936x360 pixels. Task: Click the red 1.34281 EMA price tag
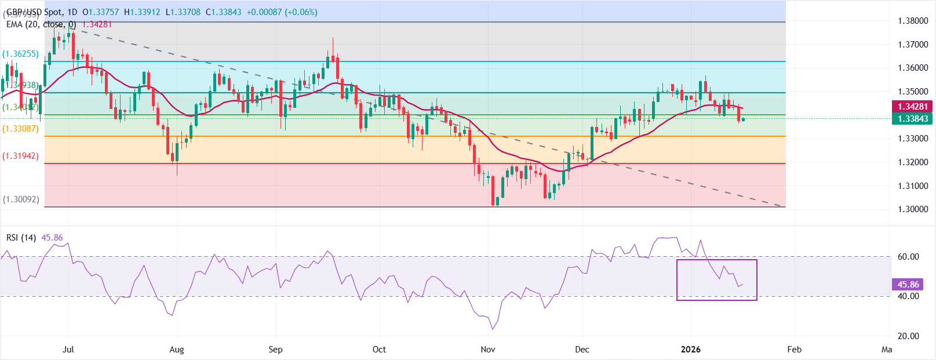tap(912, 107)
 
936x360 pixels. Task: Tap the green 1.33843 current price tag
tap(912, 119)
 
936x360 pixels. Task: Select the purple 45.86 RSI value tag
tap(908, 285)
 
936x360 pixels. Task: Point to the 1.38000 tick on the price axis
tap(913, 21)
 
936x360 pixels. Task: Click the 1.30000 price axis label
tap(913, 209)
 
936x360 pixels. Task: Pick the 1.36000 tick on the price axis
tap(913, 68)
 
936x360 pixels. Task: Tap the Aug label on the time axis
tap(176, 350)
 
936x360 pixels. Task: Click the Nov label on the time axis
tap(488, 350)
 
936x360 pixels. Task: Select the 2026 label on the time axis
tap(690, 350)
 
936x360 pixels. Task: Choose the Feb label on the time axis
tap(794, 350)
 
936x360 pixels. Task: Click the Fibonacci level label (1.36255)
tap(21, 54)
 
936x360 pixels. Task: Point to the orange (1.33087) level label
tap(21, 129)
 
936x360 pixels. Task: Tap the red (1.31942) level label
tap(21, 156)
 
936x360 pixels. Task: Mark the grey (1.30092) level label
tap(21, 199)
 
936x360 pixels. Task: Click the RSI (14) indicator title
tap(21, 238)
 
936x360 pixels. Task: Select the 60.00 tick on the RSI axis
tap(908, 257)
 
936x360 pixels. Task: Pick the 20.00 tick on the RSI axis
tap(908, 336)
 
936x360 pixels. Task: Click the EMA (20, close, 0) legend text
tap(41, 24)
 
